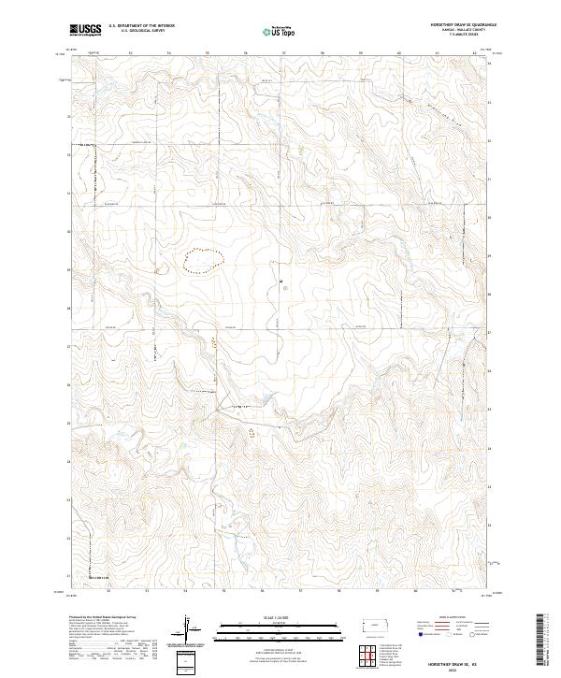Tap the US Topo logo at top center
point(280,31)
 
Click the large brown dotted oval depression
point(203,260)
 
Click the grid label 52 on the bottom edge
point(109,591)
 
